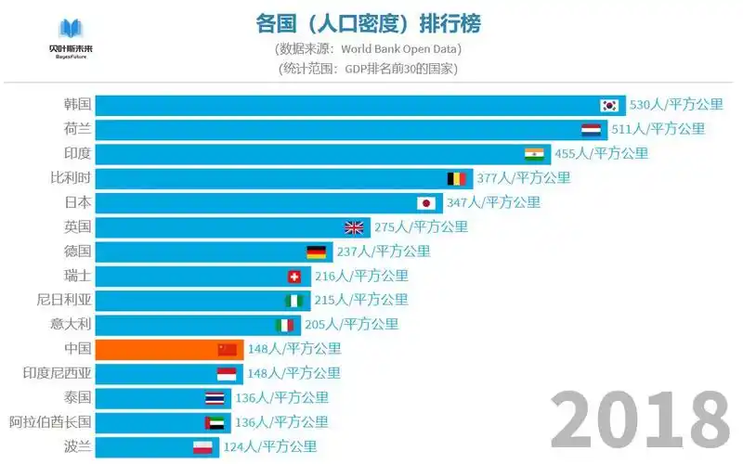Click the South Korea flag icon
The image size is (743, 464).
[x=609, y=105]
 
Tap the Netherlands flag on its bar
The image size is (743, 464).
[x=591, y=129]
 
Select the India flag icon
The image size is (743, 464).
[x=534, y=153]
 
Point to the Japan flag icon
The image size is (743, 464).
[x=426, y=202]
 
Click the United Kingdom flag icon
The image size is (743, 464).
[x=354, y=226]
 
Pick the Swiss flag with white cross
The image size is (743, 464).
[x=294, y=276]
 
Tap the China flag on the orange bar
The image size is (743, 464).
[x=228, y=349]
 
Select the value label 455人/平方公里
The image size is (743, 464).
[x=601, y=153]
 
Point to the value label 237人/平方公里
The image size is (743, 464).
[x=382, y=251]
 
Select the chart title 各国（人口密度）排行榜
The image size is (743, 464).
[x=369, y=22]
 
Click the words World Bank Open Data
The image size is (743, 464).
[x=400, y=48]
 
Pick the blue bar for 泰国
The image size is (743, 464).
[x=149, y=398]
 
